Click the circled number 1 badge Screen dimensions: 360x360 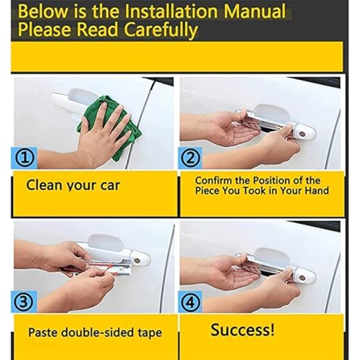tap(24, 158)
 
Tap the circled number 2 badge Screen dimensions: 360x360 tap(190, 158)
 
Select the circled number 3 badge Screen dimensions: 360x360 tap(23, 302)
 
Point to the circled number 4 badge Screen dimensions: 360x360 tap(190, 302)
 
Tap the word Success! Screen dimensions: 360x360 tap(243, 330)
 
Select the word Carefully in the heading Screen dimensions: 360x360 tap(161, 30)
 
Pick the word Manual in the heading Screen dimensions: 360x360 tap(254, 12)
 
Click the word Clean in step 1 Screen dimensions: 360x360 tap(44, 185)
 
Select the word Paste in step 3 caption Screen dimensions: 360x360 tap(42, 333)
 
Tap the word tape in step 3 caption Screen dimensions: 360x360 tap(150, 333)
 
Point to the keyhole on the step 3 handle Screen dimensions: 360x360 tap(137, 261)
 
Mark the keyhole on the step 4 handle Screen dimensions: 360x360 tap(302, 278)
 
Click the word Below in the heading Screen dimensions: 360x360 tap(43, 12)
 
